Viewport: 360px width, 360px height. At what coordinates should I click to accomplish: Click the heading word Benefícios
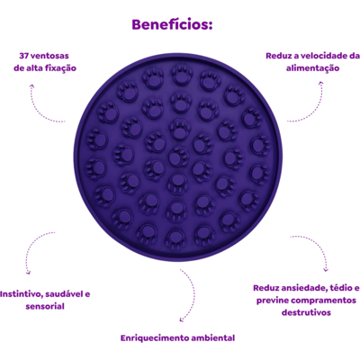[172, 24]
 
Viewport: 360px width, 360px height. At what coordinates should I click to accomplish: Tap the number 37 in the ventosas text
[24, 56]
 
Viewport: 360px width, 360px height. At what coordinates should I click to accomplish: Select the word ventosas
[49, 56]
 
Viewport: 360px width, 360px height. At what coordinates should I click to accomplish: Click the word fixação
[60, 68]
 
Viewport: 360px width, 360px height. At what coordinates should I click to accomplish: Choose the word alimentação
[312, 68]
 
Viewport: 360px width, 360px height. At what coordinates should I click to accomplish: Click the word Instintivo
[21, 294]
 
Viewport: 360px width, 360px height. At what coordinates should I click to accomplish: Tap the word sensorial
[45, 307]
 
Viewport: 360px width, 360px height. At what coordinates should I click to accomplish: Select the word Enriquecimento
[155, 338]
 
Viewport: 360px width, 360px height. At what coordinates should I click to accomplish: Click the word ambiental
[213, 338]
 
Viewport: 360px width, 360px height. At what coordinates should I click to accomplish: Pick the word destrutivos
[306, 312]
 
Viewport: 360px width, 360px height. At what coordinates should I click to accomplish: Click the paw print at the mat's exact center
[178, 156]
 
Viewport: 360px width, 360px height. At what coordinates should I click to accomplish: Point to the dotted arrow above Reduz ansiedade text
[319, 245]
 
